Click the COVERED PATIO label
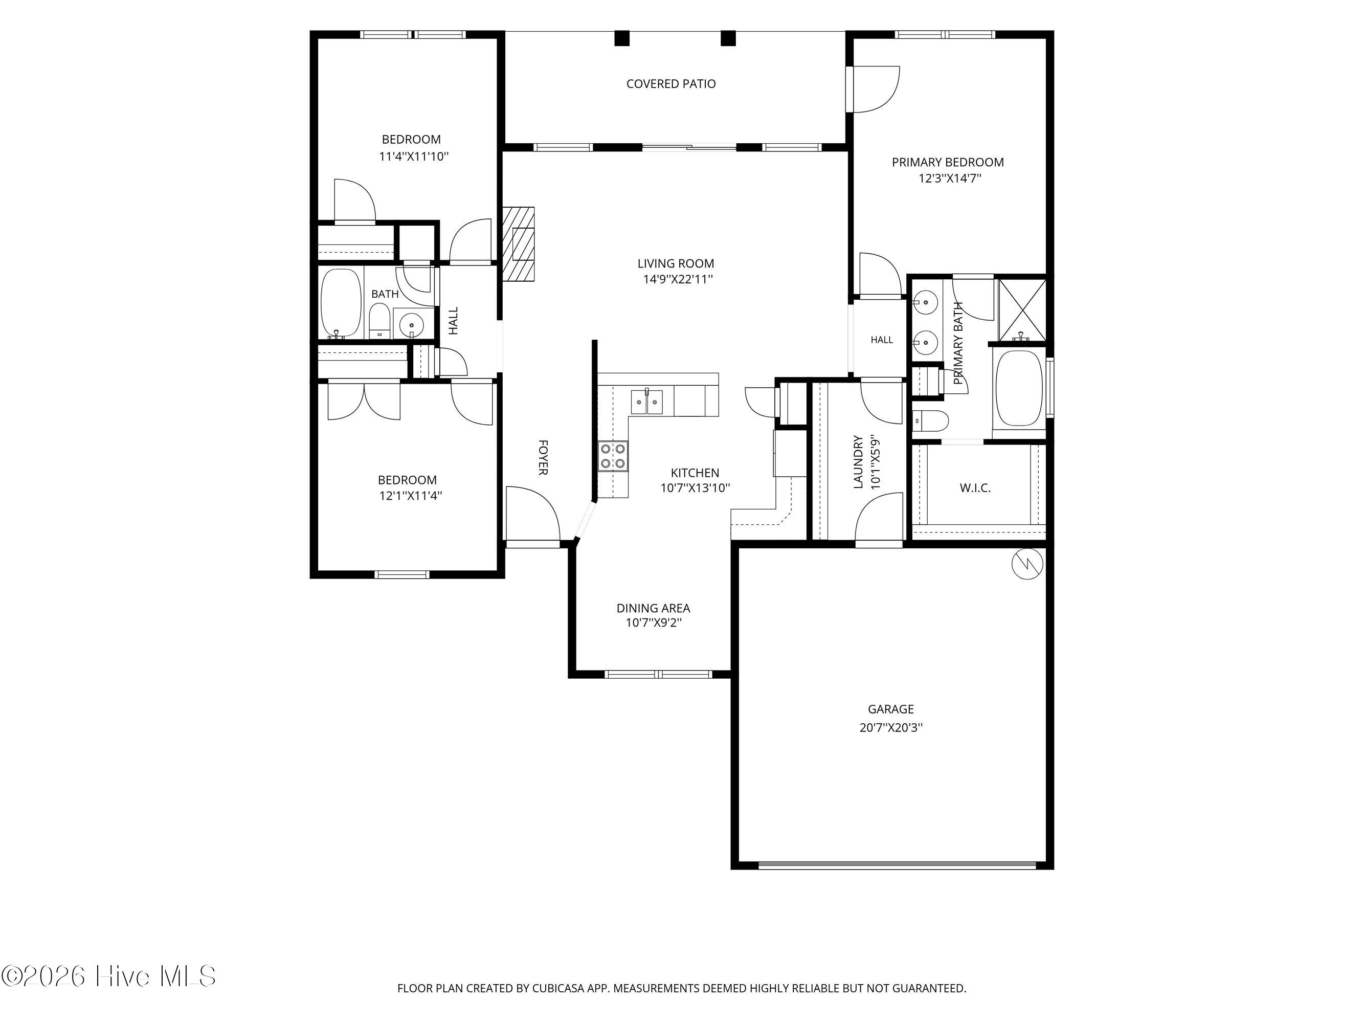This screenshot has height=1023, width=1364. [x=671, y=84]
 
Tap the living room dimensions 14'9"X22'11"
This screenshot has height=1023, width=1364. [x=678, y=279]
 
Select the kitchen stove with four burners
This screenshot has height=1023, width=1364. [x=613, y=457]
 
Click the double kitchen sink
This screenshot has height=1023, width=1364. [x=646, y=402]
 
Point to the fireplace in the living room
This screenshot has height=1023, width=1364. [x=519, y=244]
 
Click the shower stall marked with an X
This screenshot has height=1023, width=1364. [x=1022, y=310]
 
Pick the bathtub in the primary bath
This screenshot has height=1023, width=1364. [x=1019, y=388]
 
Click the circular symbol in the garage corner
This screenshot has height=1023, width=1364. [x=1027, y=564]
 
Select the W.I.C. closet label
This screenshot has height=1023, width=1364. [x=975, y=488]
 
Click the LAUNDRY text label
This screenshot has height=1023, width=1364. [x=858, y=462]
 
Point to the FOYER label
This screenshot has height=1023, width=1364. [x=543, y=458]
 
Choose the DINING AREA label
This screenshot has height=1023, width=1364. [x=653, y=609]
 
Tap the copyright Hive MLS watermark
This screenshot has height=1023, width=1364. [x=108, y=976]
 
